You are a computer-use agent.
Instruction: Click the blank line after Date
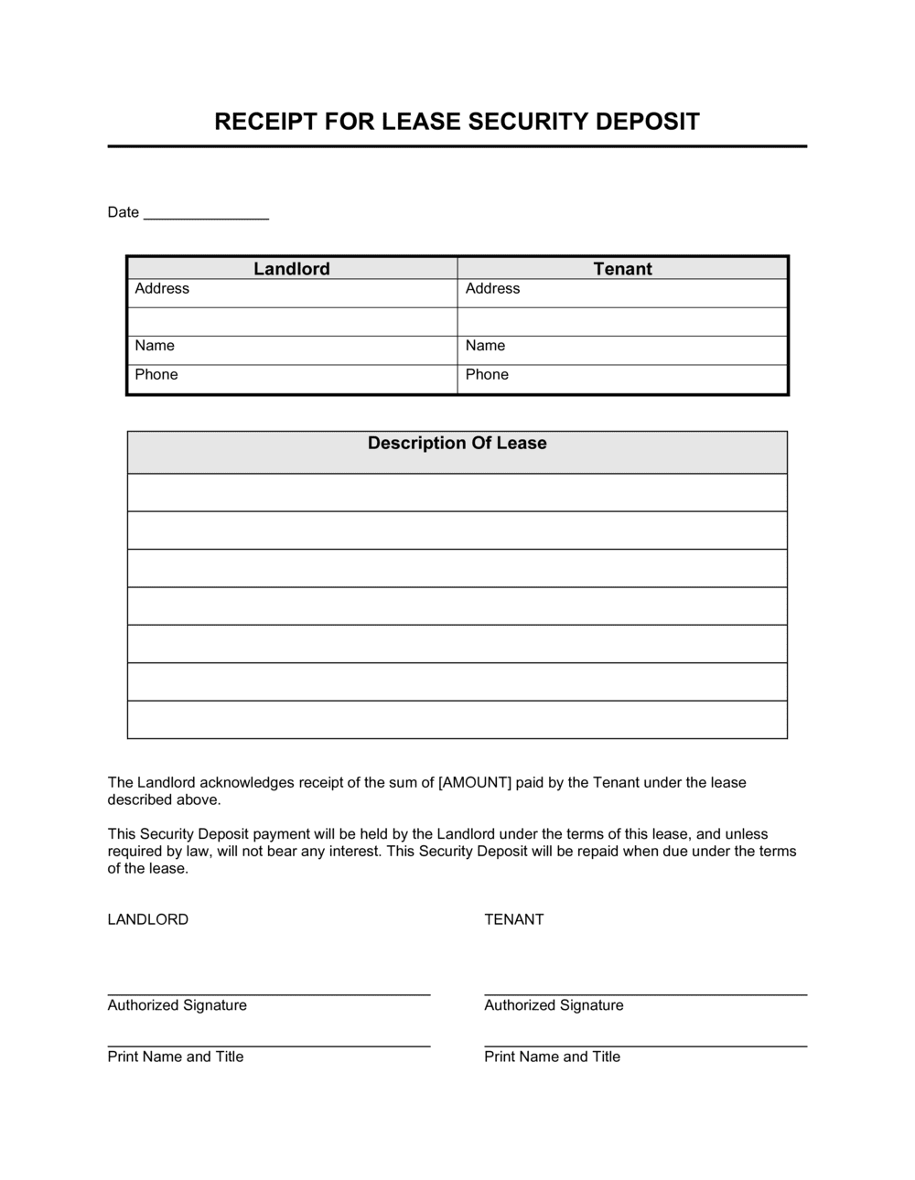pyautogui.click(x=206, y=216)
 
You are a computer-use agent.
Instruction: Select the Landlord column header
pyautogui.click(x=292, y=269)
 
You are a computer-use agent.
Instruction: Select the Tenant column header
pyautogui.click(x=622, y=269)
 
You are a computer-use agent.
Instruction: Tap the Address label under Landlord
pyautogui.click(x=162, y=289)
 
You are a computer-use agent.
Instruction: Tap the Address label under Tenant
pyautogui.click(x=492, y=289)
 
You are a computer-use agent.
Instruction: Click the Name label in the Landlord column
pyautogui.click(x=155, y=346)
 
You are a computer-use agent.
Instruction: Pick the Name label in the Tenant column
pyautogui.click(x=485, y=346)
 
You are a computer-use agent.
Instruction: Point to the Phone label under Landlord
pyautogui.click(x=156, y=375)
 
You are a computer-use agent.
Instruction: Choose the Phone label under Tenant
pyautogui.click(x=487, y=375)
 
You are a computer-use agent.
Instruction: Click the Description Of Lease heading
pyautogui.click(x=457, y=444)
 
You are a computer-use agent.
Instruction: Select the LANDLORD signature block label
pyautogui.click(x=148, y=920)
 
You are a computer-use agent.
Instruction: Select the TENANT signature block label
pyautogui.click(x=514, y=920)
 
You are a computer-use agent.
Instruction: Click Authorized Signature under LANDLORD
pyautogui.click(x=178, y=1005)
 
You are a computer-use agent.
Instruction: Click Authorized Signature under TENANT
pyautogui.click(x=554, y=1005)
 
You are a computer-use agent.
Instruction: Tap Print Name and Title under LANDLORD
pyautogui.click(x=176, y=1057)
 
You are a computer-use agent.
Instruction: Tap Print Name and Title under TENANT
pyautogui.click(x=553, y=1057)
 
